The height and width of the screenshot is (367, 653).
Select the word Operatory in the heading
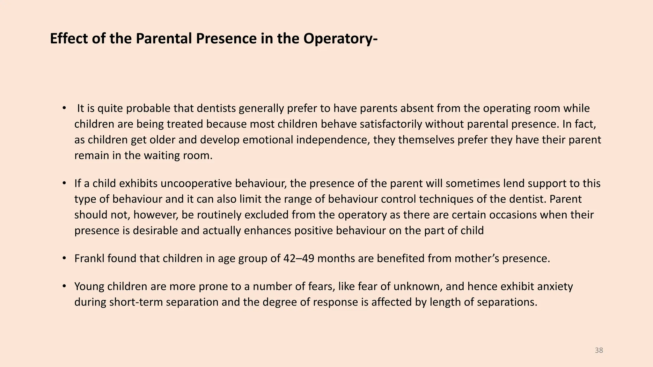click(339, 39)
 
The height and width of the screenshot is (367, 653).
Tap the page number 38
click(599, 350)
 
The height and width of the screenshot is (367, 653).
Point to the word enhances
click(268, 230)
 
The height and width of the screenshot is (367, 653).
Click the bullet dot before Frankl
click(64, 258)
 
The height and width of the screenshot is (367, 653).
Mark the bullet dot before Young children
click(64, 286)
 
